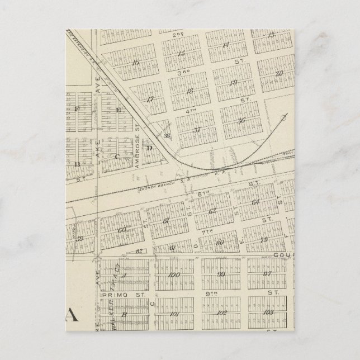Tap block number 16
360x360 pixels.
pos(135,63)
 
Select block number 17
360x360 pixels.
pos(150,100)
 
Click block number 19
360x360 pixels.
pos(234,82)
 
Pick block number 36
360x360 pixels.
pos(241,121)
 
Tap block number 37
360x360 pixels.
pos(197,130)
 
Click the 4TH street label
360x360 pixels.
pos(192,111)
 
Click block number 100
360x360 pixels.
pos(173,275)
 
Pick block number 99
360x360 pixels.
pos(222,274)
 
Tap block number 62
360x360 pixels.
pos(212,211)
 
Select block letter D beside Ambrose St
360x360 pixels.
pos(149,148)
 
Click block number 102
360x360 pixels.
pos(222,312)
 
